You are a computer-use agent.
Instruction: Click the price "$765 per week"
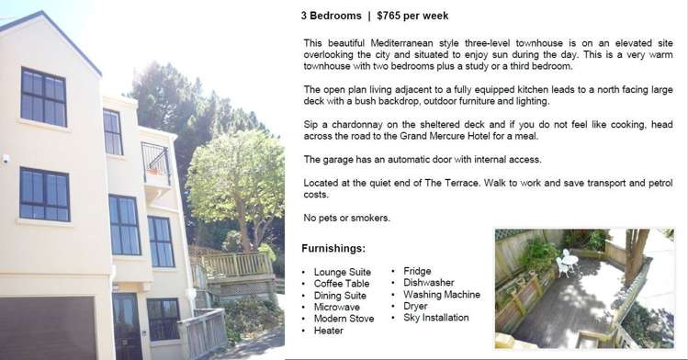click(x=412, y=16)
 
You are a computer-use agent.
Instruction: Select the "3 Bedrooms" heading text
click(x=332, y=16)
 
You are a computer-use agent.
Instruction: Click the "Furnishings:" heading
click(x=333, y=249)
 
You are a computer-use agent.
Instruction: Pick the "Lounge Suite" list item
click(x=342, y=272)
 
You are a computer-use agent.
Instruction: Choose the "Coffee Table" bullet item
click(x=342, y=284)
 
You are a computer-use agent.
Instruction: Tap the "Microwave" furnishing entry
click(x=336, y=307)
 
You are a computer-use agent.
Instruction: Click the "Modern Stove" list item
click(x=344, y=319)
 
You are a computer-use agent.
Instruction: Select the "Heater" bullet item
click(x=328, y=331)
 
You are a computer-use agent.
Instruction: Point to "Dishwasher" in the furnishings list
click(x=428, y=283)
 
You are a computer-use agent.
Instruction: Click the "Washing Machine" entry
click(x=441, y=295)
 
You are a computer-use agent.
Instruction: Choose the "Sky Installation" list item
click(x=435, y=318)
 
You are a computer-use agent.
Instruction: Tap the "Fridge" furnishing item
click(x=417, y=271)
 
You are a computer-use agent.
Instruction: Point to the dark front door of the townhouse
click(x=127, y=325)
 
